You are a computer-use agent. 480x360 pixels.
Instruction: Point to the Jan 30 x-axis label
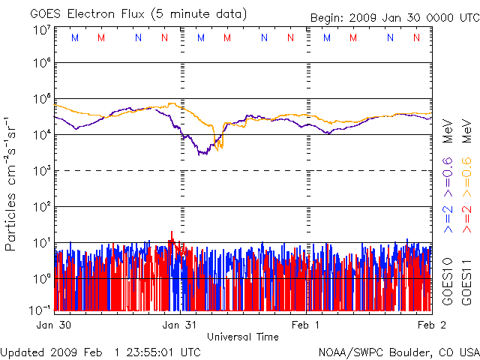click(54, 325)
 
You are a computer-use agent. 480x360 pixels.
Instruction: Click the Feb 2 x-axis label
click(427, 325)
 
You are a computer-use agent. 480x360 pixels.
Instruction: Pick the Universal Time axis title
click(243, 337)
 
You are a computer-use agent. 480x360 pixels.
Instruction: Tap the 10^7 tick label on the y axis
click(40, 29)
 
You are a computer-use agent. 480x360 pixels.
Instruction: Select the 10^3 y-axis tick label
click(40, 170)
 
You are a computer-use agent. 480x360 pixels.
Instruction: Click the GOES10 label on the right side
click(448, 281)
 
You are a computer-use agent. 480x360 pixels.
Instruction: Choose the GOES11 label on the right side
click(466, 281)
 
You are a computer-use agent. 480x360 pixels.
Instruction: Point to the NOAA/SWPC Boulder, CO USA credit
click(398, 351)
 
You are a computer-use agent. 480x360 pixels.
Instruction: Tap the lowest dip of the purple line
click(201, 154)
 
